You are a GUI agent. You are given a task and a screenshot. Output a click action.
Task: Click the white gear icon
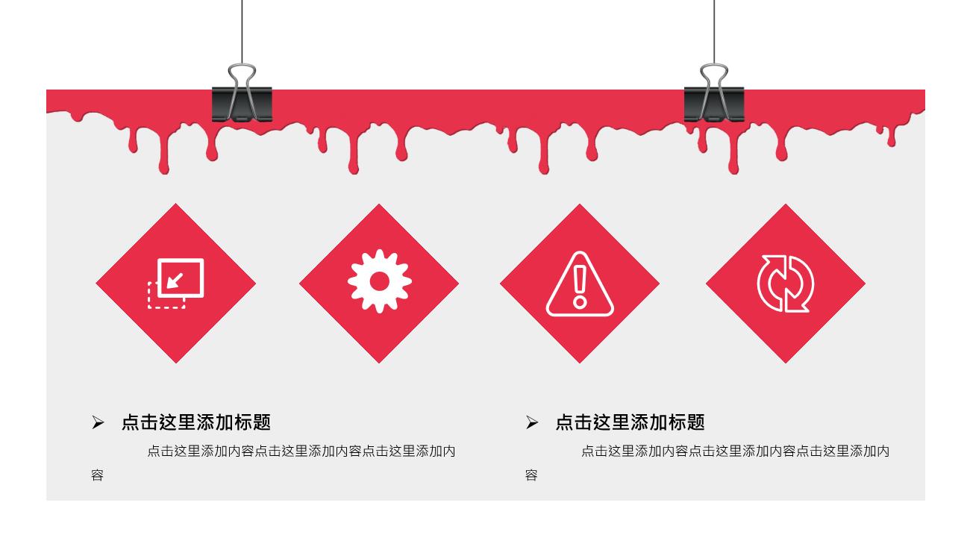(380, 281)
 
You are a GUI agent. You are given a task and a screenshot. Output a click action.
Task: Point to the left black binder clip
(242, 104)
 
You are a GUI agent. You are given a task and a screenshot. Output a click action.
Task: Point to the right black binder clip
(714, 104)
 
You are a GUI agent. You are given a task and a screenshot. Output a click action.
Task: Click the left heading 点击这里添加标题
(196, 422)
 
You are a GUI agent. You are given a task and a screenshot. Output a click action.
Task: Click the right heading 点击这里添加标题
(630, 422)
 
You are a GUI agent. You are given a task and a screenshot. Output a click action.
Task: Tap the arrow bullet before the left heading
(98, 422)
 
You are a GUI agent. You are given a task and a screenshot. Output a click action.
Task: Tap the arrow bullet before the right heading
(532, 422)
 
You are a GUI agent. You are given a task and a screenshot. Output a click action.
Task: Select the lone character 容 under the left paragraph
(97, 475)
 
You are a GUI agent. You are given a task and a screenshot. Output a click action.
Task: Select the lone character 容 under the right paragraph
(531, 475)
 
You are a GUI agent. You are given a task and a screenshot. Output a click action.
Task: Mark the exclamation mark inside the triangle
(580, 287)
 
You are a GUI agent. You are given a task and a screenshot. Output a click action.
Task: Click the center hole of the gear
(380, 281)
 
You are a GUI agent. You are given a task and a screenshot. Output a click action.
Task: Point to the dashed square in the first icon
(149, 298)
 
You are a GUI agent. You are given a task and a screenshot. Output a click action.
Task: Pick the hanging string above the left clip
(242, 32)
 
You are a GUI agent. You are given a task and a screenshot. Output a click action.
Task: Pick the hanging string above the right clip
(714, 32)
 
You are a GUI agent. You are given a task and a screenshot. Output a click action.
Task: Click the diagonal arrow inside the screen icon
(175, 281)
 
